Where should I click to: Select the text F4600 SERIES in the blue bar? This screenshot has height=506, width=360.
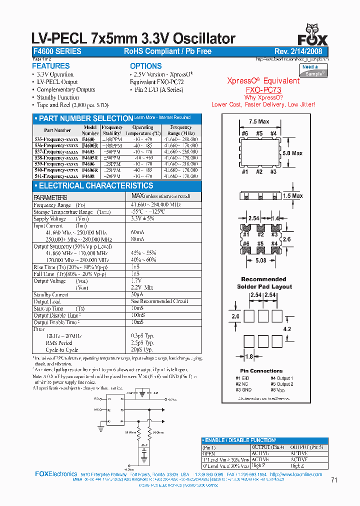click(57, 51)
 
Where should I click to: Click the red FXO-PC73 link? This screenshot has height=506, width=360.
click(263, 89)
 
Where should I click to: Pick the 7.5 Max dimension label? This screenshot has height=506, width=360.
click(259, 121)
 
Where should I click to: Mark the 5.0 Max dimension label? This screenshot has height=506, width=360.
click(292, 153)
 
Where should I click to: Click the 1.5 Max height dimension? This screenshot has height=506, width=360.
click(293, 196)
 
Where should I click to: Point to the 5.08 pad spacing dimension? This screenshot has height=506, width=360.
click(260, 260)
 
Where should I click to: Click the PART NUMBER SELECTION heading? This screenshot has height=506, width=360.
click(85, 118)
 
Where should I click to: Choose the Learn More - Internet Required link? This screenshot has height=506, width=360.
click(162, 117)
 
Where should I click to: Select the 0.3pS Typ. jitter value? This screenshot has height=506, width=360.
click(142, 336)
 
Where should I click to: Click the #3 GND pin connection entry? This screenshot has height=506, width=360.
click(243, 389)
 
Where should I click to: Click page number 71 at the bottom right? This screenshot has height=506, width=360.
click(334, 480)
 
